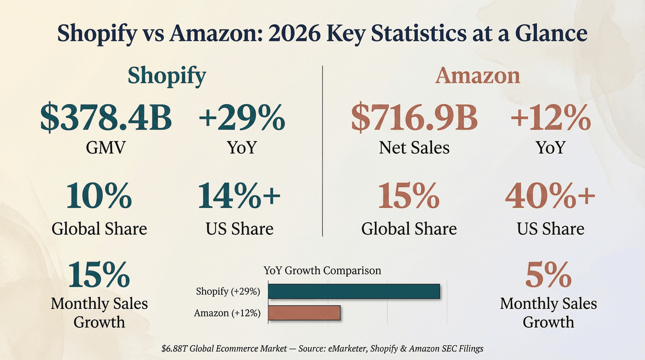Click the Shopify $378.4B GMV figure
[x=106, y=118]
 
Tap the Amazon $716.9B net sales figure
[x=414, y=118]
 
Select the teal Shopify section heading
[x=167, y=76]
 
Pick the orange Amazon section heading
[x=477, y=76]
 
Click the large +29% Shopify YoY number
[x=241, y=118]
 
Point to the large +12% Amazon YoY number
[x=550, y=118]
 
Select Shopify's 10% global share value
[x=99, y=197]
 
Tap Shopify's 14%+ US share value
[x=239, y=197]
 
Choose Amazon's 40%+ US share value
[x=550, y=197]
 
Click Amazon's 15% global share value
[x=409, y=197]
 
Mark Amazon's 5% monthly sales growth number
[x=548, y=276]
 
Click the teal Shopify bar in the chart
[x=353, y=292]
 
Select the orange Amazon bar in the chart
[x=304, y=313]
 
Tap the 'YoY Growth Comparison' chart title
[x=322, y=270]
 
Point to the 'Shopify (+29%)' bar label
[x=228, y=292]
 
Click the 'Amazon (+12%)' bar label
[x=227, y=313]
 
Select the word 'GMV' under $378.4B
[x=106, y=148]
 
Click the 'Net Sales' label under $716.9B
[x=414, y=148]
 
